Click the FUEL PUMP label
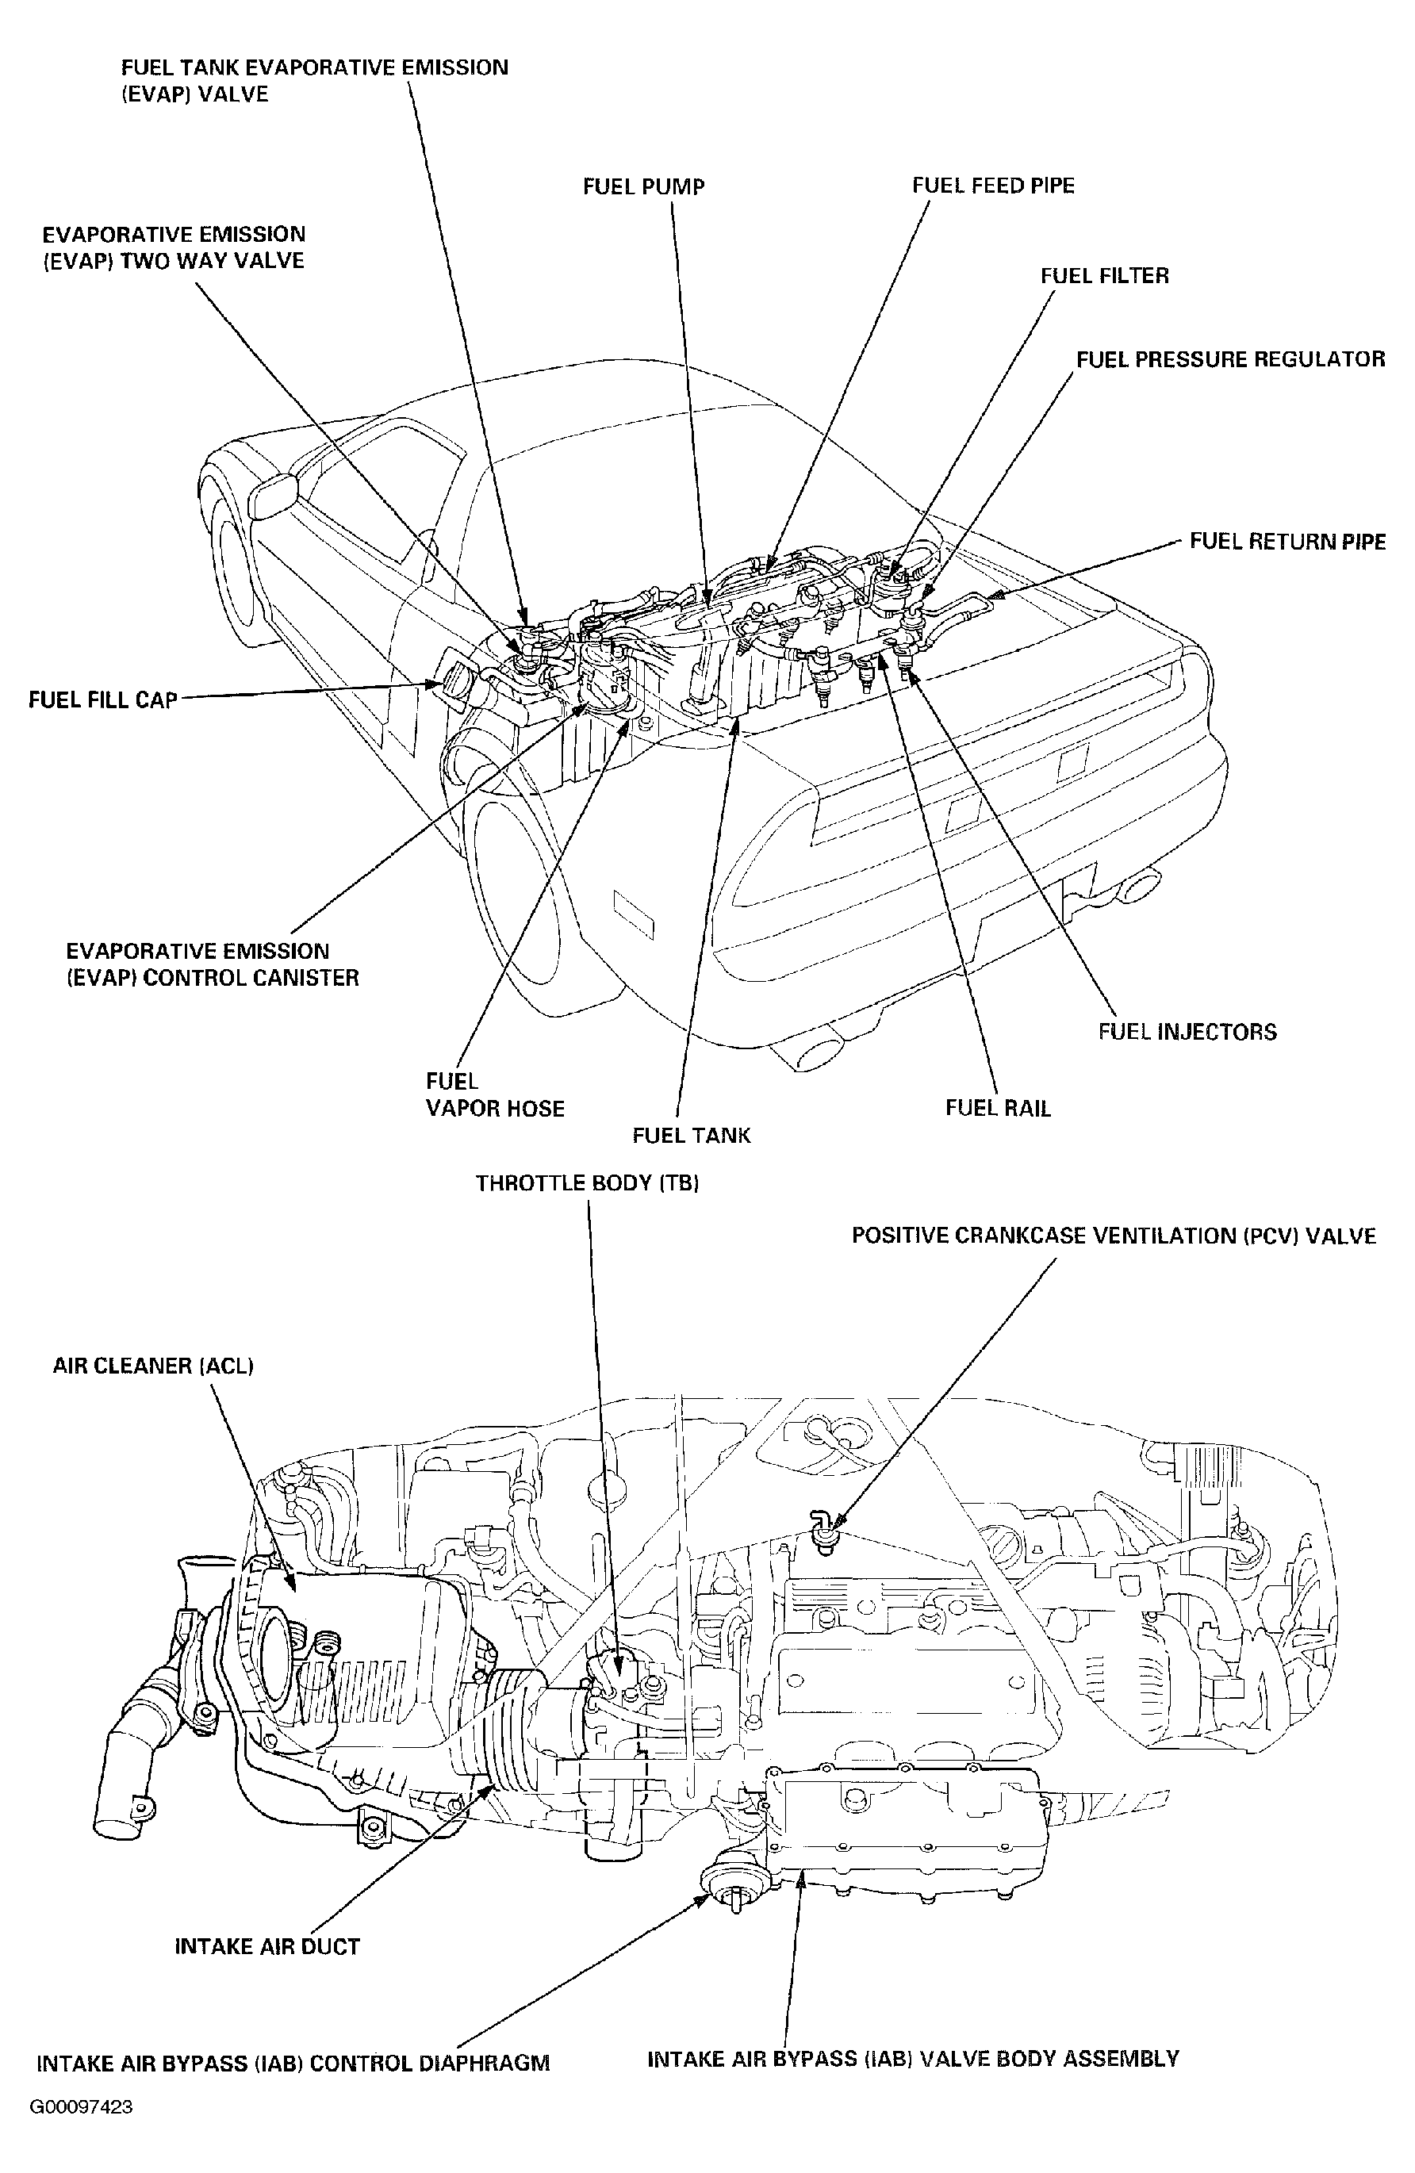point(643,187)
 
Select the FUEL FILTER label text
point(1104,276)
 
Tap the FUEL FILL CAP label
point(102,700)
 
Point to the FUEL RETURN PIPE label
point(1287,542)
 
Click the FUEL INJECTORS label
point(1187,1032)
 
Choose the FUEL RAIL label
point(998,1109)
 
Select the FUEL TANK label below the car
point(691,1136)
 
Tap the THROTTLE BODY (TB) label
point(587,1183)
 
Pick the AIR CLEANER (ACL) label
point(153,1366)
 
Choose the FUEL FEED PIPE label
point(992,186)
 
